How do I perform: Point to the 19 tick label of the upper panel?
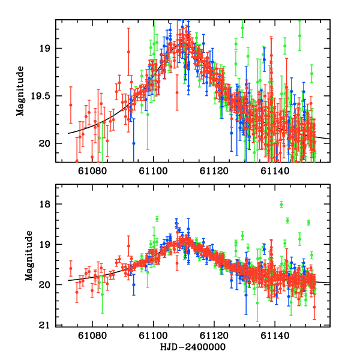click(47, 49)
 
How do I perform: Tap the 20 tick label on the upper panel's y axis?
click(47, 143)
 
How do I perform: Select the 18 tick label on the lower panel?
click(47, 205)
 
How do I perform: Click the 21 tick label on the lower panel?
click(47, 325)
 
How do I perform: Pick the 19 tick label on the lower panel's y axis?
click(47, 245)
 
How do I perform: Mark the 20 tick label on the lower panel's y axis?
click(47, 285)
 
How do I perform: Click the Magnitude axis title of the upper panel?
click(20, 91)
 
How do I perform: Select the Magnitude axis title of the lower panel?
click(28, 256)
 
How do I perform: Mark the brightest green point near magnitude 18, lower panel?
click(281, 205)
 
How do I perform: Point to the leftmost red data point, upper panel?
click(70, 105)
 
